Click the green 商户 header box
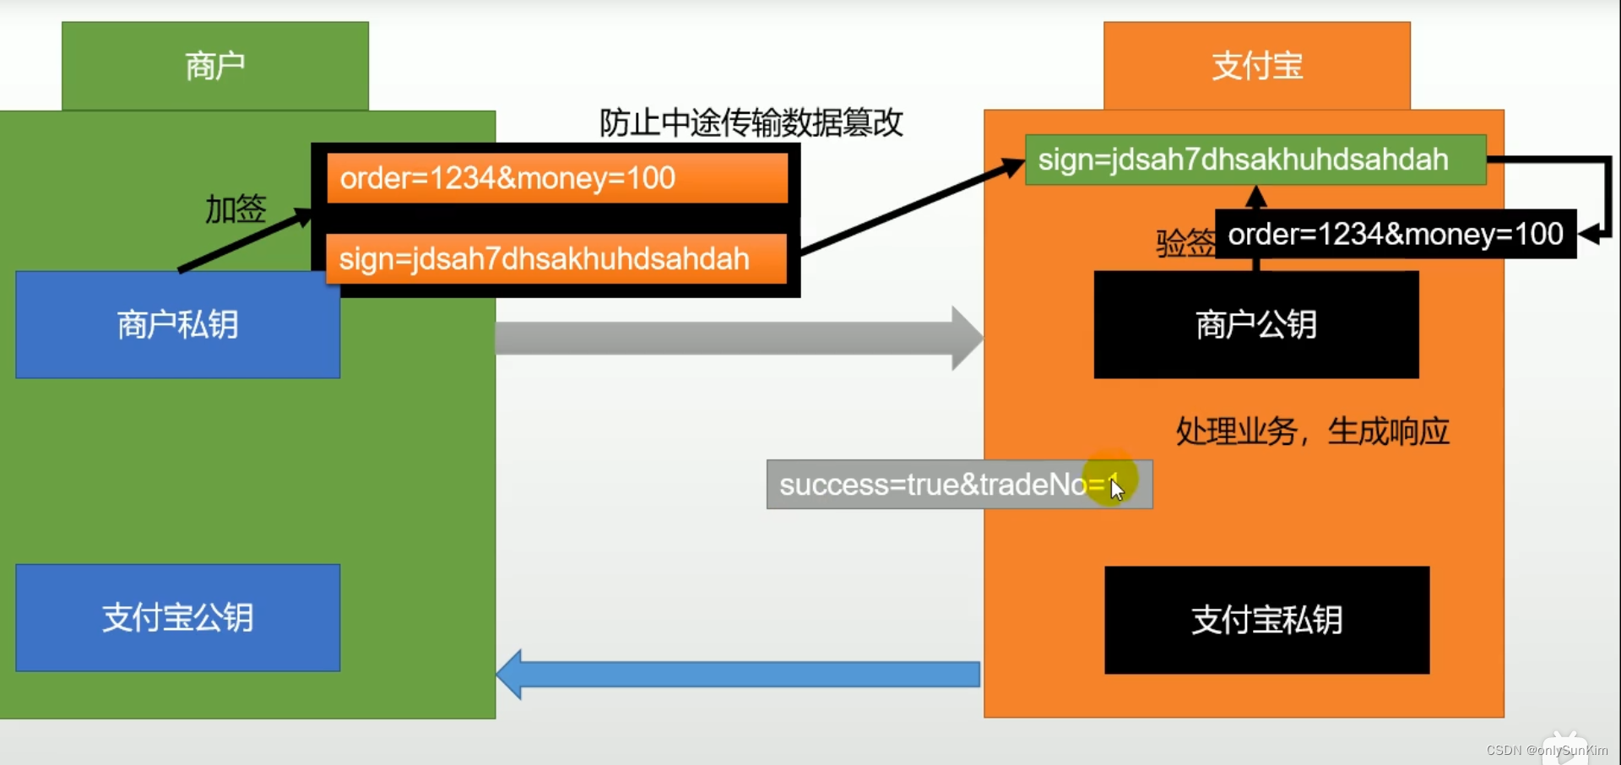[215, 66]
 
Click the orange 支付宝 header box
[1256, 66]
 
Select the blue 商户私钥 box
[177, 324]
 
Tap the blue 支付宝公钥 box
[177, 617]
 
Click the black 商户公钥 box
[1255, 324]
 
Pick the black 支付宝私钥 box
[1266, 620]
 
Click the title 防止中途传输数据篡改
[751, 123]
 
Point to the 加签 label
[236, 209]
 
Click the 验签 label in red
[1185, 243]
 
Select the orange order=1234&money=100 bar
[557, 178]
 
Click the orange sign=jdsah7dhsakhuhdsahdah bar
[557, 258]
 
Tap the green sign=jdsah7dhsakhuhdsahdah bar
[1255, 160]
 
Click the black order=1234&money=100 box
[1395, 234]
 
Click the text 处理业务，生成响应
[1312, 431]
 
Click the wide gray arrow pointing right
[735, 338]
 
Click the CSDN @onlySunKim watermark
[1547, 750]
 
